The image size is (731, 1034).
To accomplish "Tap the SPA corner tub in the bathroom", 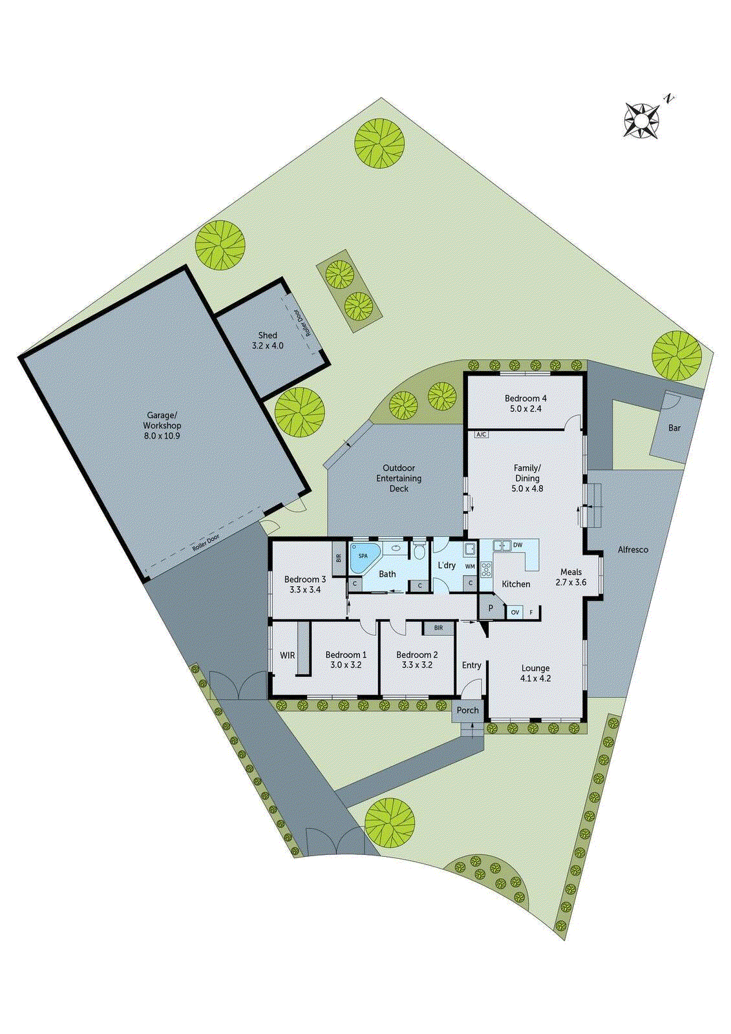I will point(363,557).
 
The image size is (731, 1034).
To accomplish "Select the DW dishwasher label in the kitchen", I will point(518,545).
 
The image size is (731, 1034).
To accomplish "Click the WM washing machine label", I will point(470,567).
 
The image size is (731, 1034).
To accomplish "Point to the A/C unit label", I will point(481,434).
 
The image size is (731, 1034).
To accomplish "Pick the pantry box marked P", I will point(491,609).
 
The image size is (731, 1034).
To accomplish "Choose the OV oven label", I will point(515,612).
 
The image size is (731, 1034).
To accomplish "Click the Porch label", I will point(468,710).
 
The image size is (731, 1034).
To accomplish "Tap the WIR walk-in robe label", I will point(288,655).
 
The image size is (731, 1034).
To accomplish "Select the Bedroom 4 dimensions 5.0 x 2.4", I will point(525,409).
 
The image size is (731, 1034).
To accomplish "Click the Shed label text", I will point(268,335).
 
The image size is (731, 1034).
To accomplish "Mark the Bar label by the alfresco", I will point(674,428).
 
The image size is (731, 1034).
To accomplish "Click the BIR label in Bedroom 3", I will point(338,557).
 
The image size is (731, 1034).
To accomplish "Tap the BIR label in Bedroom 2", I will point(438,628).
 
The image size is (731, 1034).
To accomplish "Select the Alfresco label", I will point(633,550).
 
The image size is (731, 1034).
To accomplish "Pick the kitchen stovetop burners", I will point(486,569).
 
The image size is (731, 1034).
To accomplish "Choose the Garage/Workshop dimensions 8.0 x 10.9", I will point(162,436).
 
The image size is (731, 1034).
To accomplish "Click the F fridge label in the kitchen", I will point(531,612).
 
